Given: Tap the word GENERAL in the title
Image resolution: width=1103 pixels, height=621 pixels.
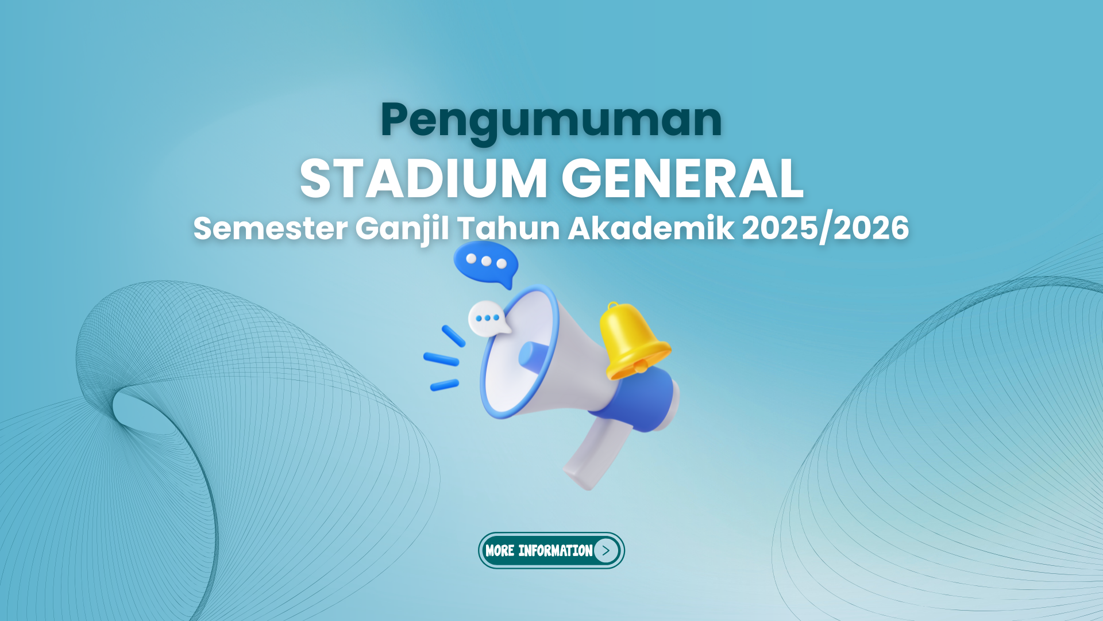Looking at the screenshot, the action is [682, 179].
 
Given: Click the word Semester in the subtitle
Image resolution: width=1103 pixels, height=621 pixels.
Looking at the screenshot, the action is [270, 228].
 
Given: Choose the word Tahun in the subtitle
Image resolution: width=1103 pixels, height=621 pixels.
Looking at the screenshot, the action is [508, 228].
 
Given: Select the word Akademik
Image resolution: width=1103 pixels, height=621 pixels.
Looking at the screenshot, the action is [651, 228].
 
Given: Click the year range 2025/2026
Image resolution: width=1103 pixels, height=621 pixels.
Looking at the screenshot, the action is [826, 228].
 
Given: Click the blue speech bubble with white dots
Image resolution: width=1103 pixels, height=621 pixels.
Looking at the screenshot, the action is [485, 264].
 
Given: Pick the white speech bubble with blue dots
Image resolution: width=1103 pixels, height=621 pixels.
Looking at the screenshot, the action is [488, 319].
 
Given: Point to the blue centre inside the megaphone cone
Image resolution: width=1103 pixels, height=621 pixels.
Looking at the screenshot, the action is [533, 355].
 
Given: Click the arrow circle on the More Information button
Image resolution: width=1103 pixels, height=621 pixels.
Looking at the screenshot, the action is [606, 550].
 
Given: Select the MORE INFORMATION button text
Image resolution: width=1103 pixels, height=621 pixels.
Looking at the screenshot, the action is [539, 551].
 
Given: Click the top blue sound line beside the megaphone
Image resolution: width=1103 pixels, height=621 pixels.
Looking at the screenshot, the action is [453, 336].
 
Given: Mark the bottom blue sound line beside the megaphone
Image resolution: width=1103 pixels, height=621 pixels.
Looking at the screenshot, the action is [445, 385].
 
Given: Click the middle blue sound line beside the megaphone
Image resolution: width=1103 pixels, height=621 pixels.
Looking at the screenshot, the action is [441, 359].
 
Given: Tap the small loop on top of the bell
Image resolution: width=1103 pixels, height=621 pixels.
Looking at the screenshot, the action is [613, 306].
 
